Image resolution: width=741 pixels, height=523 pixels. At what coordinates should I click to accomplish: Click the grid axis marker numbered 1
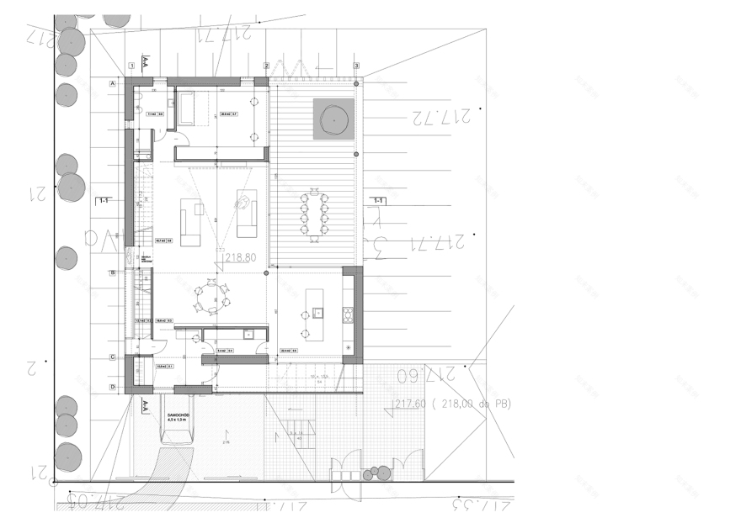(132, 65)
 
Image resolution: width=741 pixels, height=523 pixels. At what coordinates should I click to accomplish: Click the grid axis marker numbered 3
(357, 65)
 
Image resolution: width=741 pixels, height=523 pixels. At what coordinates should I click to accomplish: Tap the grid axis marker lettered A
(112, 82)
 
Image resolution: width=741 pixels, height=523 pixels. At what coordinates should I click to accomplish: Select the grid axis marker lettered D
(112, 387)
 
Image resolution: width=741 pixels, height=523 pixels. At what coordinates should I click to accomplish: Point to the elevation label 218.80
(240, 258)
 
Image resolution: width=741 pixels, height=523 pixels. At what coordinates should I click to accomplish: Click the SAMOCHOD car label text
(177, 415)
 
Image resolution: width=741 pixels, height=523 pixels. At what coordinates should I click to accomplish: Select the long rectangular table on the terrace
(316, 214)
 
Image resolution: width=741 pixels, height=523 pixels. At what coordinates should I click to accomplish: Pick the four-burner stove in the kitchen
(347, 315)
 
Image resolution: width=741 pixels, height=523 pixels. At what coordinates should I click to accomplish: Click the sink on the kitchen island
(318, 313)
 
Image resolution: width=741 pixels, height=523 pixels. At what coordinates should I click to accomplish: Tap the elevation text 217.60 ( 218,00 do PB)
(452, 404)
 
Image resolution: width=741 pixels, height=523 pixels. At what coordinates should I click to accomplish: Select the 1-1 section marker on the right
(380, 201)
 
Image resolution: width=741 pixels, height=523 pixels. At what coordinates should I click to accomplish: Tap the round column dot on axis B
(267, 273)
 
